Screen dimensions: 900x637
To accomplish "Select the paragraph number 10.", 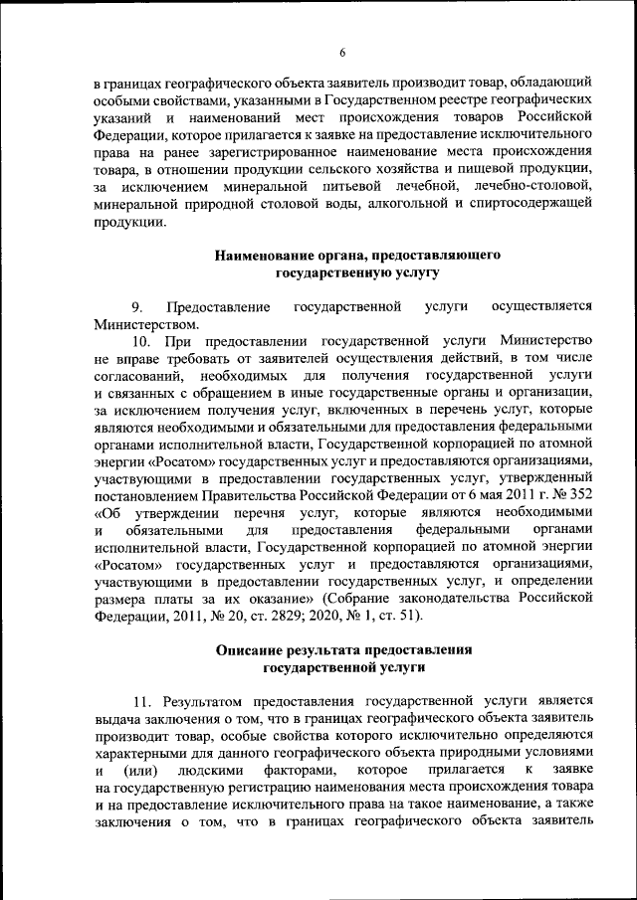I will [141, 341].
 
